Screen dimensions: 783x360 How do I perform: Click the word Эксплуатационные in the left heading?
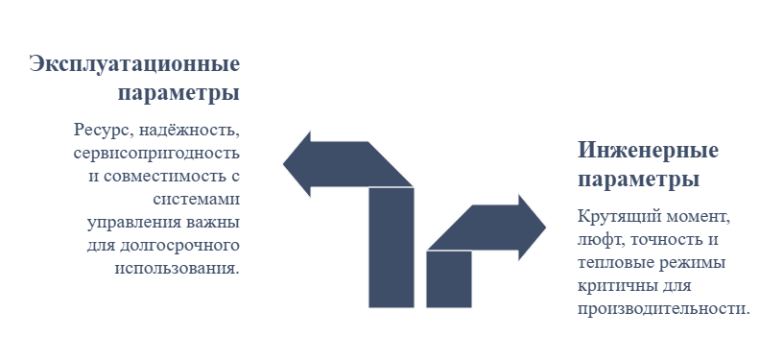point(134,65)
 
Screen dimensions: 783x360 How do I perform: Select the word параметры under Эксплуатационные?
point(178,94)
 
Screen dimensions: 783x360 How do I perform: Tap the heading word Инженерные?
point(648,151)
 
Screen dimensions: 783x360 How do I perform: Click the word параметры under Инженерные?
point(639,180)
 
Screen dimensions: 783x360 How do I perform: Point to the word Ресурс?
point(104,130)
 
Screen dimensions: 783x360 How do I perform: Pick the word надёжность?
point(189,130)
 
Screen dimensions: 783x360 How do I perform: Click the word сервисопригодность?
point(156,154)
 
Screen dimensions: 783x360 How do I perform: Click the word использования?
point(178,268)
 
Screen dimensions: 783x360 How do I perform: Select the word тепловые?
point(609,263)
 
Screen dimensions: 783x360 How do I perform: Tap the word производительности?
point(664,309)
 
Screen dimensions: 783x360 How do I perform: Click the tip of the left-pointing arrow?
point(284,164)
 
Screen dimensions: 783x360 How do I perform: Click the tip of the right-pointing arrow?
point(545,228)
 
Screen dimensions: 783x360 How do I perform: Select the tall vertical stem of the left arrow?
point(391,248)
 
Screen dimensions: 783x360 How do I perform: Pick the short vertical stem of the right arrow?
point(449,279)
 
